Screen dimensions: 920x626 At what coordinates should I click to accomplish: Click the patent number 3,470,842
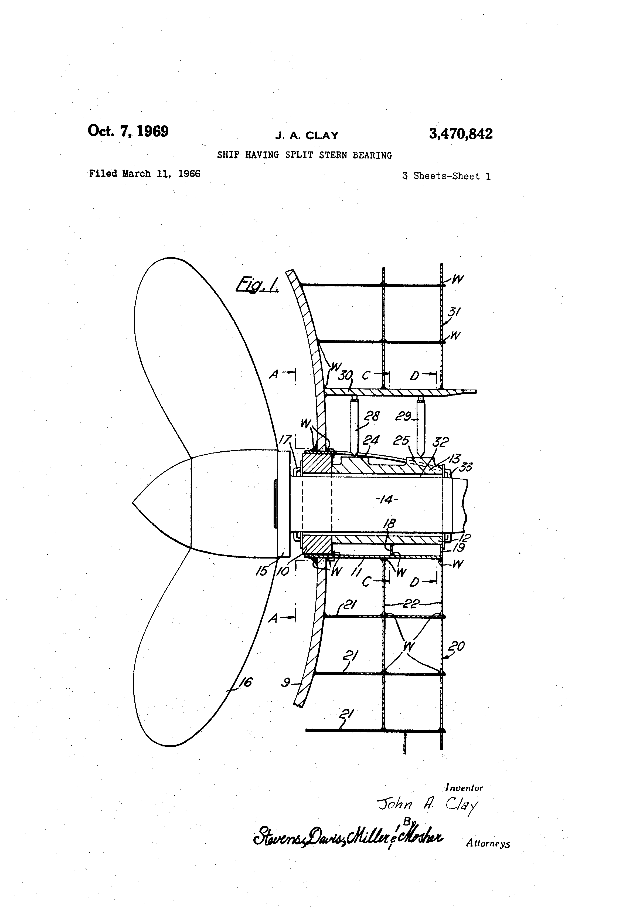[x=461, y=134]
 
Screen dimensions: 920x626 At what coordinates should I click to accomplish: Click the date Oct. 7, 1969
[x=128, y=131]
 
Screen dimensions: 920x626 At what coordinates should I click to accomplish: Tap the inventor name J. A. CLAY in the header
[x=307, y=136]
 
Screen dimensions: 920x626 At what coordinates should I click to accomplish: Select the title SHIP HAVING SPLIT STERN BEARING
[x=304, y=155]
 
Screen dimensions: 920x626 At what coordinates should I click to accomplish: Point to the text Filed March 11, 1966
[x=145, y=174]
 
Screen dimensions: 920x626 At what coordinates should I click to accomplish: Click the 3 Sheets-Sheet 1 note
[x=446, y=176]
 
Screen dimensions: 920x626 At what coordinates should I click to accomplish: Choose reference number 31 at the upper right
[x=454, y=312]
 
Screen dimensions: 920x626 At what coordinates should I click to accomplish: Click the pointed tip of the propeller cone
[x=133, y=503]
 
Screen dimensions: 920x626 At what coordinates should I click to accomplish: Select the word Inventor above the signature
[x=464, y=788]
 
